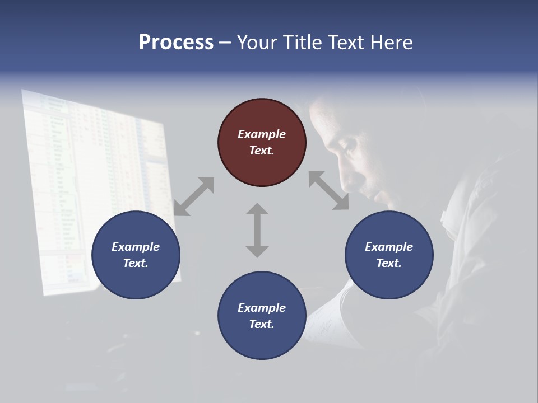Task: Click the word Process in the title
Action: [x=176, y=43]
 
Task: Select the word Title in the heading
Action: [x=301, y=43]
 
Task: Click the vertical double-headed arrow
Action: [x=257, y=230]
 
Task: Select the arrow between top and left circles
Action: [x=194, y=196]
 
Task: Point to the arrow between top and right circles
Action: [x=328, y=191]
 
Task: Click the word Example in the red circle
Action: [x=262, y=134]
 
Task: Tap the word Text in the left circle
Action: [x=136, y=263]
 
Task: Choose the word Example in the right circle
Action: [x=389, y=247]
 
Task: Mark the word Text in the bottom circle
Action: [x=262, y=324]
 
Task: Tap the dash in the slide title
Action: [x=225, y=43]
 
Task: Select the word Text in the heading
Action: [x=346, y=43]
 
